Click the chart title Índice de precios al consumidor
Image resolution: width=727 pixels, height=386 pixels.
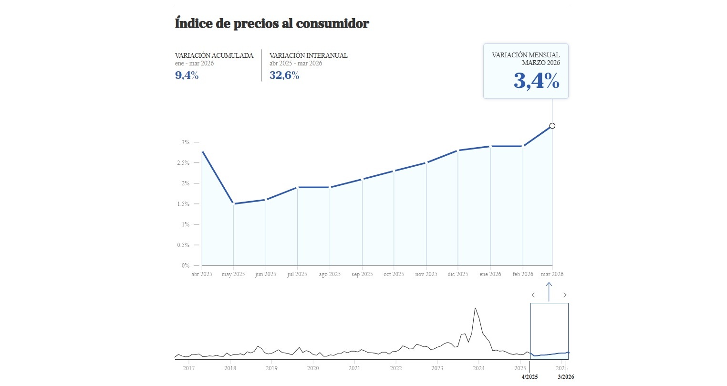(x=272, y=23)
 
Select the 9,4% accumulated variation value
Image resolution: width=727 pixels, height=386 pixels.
(x=187, y=75)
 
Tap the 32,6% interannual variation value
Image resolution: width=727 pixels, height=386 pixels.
(x=284, y=75)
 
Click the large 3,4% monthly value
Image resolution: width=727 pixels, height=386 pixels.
(x=536, y=81)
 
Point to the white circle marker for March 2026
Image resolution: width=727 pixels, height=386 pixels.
(x=552, y=126)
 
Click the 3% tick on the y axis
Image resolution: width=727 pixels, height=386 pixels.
(x=186, y=142)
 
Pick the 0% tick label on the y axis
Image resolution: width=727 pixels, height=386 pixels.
(x=185, y=266)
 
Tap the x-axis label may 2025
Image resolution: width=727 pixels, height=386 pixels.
(x=233, y=274)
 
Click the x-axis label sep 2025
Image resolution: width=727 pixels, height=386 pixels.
(x=362, y=274)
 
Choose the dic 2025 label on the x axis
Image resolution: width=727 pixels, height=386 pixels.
(x=458, y=274)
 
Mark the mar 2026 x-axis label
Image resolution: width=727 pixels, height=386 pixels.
(x=552, y=274)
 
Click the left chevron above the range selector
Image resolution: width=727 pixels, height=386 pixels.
(x=533, y=295)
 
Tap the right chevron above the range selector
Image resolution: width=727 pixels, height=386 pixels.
(x=565, y=295)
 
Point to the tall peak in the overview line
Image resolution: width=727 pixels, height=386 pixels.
(x=475, y=309)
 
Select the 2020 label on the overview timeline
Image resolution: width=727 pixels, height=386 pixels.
(x=313, y=368)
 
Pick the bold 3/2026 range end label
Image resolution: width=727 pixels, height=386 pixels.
(x=566, y=377)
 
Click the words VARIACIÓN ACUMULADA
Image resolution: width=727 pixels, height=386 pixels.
(x=214, y=55)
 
